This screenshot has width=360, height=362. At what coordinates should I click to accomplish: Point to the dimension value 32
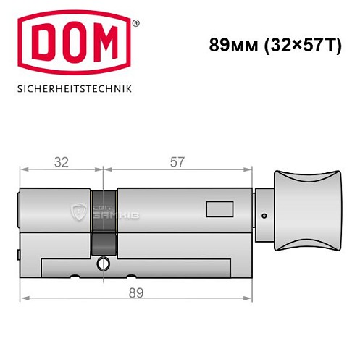(x=62, y=162)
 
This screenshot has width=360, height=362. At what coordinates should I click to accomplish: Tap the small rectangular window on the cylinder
(x=218, y=211)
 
